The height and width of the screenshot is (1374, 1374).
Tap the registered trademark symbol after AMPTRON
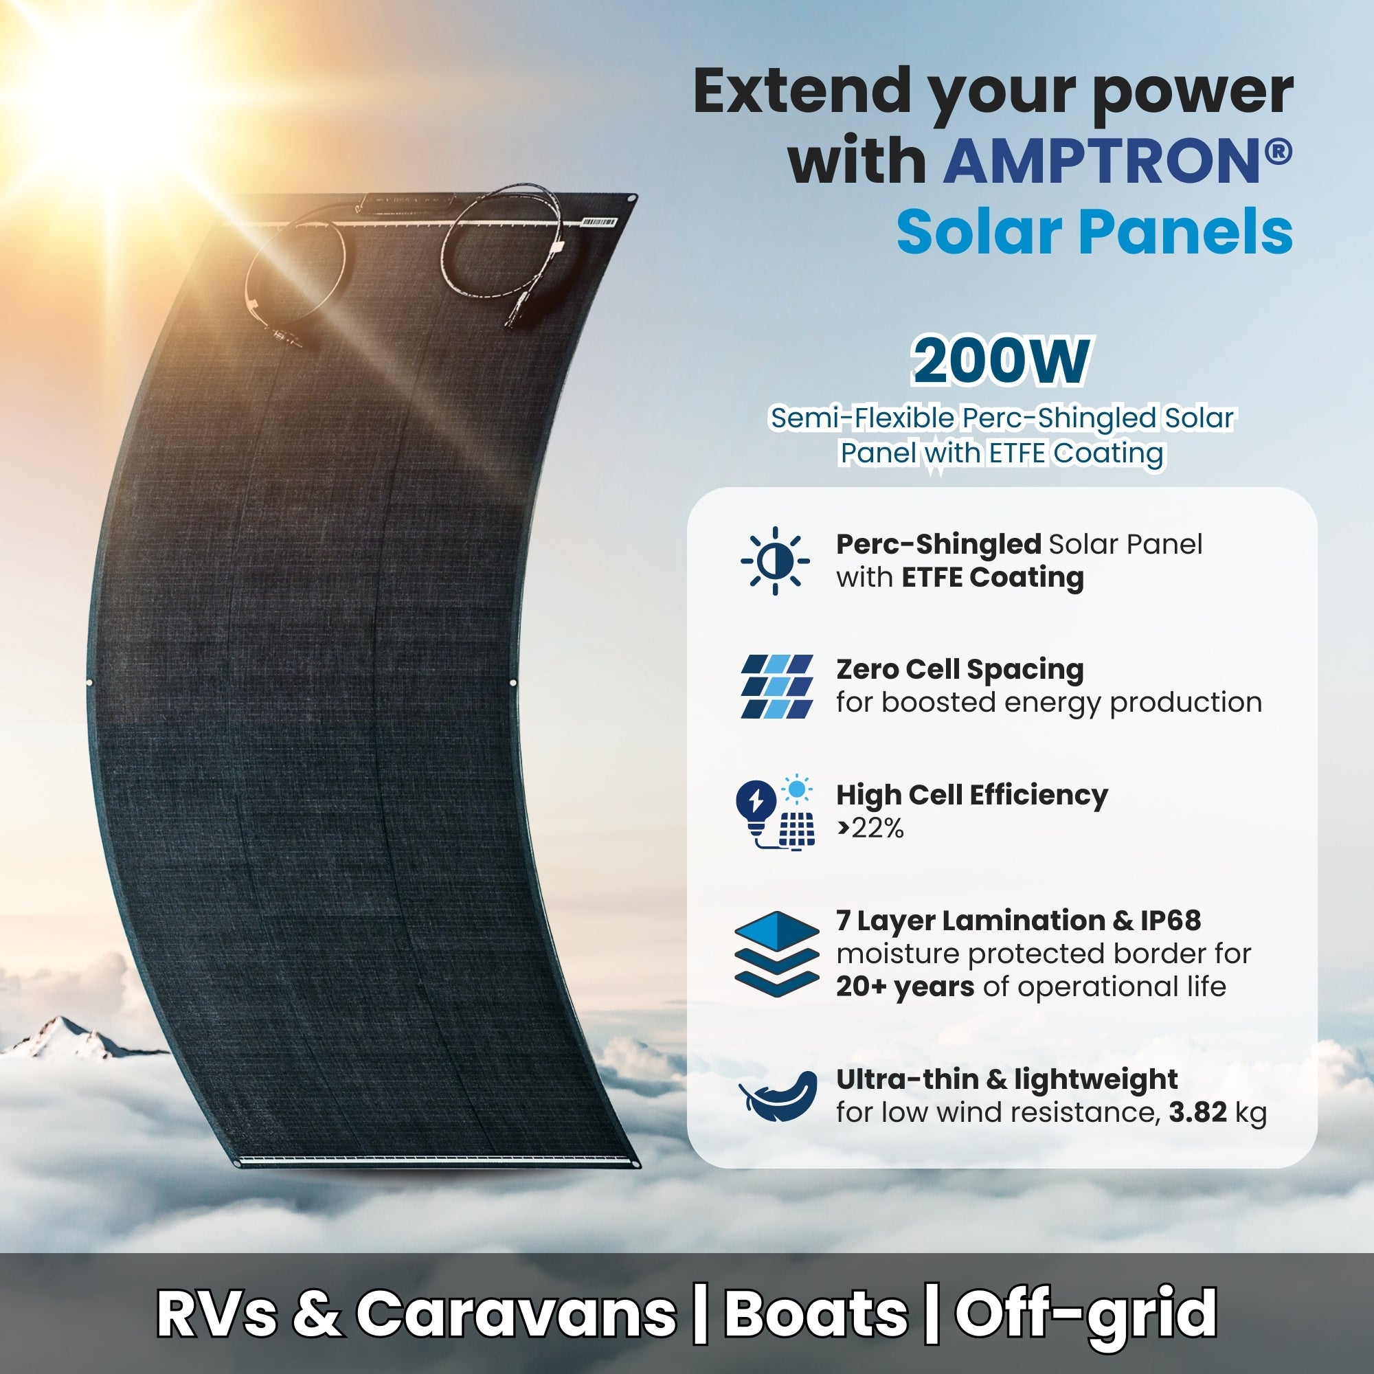click(1279, 150)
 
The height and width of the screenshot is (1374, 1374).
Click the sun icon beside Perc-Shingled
click(774, 561)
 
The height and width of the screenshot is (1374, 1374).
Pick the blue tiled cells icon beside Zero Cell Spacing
click(776, 686)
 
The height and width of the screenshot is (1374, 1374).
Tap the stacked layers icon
click(776, 953)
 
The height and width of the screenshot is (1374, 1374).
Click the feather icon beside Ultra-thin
click(777, 1096)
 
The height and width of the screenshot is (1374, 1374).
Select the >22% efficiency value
click(870, 828)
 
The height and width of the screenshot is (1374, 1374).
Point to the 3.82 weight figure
click(1197, 1112)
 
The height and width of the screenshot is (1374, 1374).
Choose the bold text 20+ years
click(905, 987)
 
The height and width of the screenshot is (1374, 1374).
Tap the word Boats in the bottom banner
click(815, 1313)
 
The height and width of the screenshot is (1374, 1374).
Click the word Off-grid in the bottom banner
click(1085, 1313)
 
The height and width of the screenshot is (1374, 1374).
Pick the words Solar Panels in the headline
click(1094, 233)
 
